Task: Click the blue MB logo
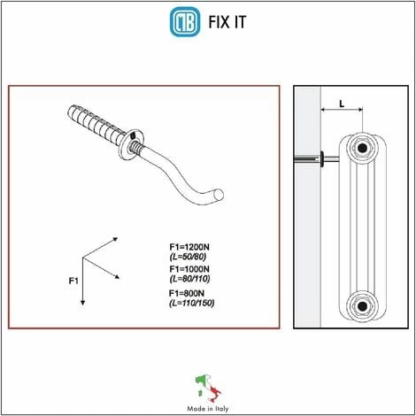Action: point(185,22)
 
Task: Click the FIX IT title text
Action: point(227,22)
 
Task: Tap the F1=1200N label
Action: point(189,247)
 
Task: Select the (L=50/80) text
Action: point(188,257)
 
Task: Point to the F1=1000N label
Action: point(189,269)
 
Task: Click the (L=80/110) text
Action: point(190,279)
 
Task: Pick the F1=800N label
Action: point(187,293)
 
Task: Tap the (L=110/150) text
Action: point(192,303)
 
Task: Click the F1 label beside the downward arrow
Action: point(73,281)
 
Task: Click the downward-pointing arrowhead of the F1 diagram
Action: point(82,303)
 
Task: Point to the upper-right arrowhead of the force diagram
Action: point(115,239)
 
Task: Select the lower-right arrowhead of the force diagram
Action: point(117,276)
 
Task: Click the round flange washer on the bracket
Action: point(131,144)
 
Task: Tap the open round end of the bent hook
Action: point(219,195)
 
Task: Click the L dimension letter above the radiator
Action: point(342,104)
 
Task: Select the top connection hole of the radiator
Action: point(362,147)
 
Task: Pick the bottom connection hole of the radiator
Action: point(362,306)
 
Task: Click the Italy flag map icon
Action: point(208,389)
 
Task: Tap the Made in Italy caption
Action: point(208,409)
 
